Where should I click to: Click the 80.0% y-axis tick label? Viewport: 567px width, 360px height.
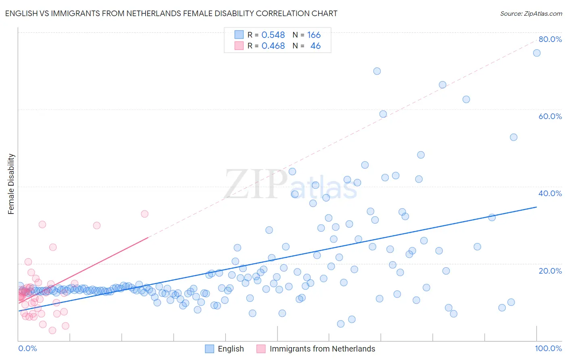coord(550,39)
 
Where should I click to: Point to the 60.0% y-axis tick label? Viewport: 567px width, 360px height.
coord(550,116)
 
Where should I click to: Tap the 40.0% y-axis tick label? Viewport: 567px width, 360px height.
coord(550,193)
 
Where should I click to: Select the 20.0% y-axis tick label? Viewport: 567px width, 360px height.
coord(550,270)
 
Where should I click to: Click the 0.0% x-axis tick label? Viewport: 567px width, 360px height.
coord(27,348)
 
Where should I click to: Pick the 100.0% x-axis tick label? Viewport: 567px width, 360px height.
coord(548,348)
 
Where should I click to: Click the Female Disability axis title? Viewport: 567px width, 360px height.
coord(11,184)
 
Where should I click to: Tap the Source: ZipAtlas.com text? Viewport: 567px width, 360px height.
coord(531,13)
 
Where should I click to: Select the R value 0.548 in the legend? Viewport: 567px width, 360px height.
coord(273,35)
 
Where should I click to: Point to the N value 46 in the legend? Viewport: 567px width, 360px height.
coord(315,46)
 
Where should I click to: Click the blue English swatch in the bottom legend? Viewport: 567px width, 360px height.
coord(209,349)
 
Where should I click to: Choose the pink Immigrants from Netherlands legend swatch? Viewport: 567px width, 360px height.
coord(261,349)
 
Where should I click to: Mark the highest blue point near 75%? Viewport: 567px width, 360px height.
coord(537,53)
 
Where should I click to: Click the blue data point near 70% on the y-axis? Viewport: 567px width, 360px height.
coord(377,71)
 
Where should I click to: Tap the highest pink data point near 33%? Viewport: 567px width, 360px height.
coord(145,214)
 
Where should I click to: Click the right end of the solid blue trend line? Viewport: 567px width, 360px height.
coord(536,207)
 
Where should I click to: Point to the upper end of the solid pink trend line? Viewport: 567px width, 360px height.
coord(148,238)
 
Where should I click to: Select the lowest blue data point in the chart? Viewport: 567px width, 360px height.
coord(341,324)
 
